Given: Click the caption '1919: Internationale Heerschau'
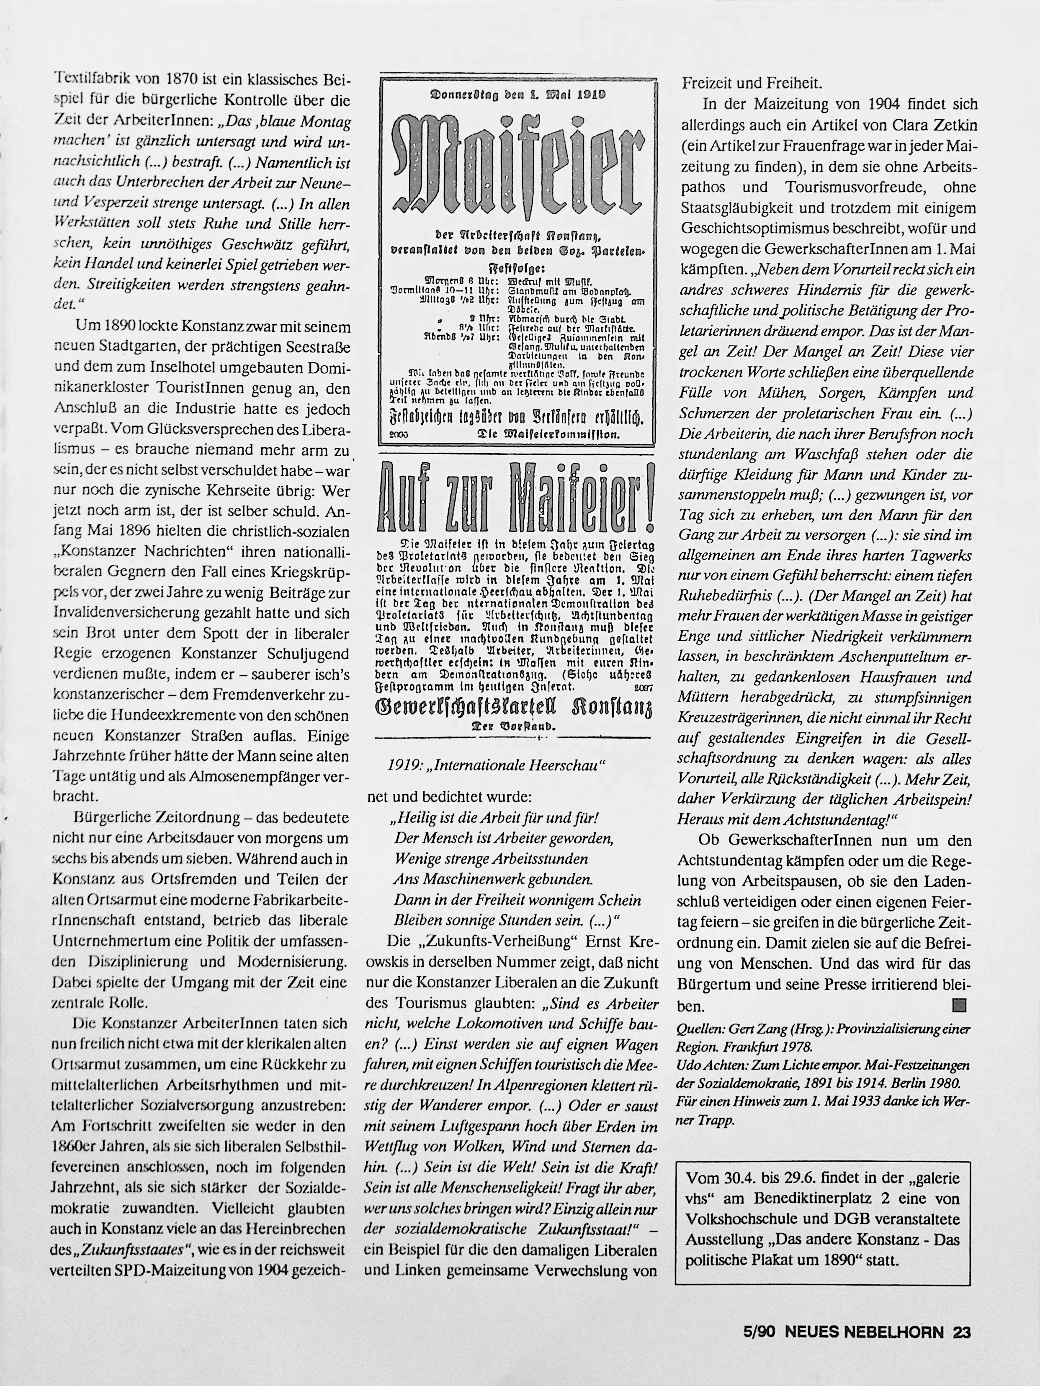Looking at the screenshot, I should click(495, 765).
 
